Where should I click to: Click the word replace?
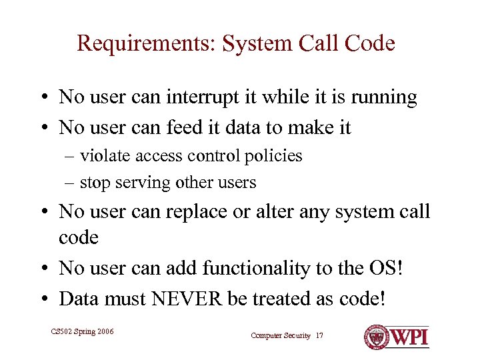[x=216, y=212]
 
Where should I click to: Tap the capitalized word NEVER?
[x=189, y=298]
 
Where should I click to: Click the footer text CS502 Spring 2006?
[x=82, y=331]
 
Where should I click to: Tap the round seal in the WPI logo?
[x=376, y=337]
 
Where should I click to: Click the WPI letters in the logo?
[x=409, y=337]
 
